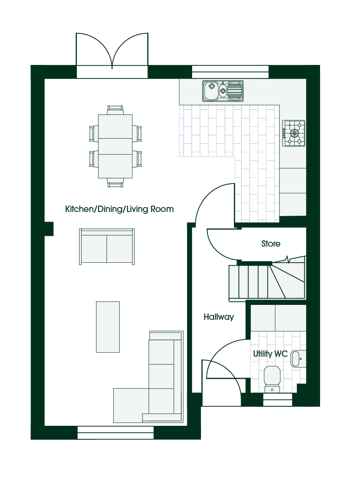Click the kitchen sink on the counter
coord(223,91)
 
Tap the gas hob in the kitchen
coord(294,133)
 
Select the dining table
coord(115,146)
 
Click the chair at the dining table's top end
coord(115,110)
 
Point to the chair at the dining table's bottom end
coord(115,182)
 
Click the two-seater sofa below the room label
coord(107,247)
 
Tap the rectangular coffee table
coord(108,327)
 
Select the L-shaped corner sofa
coord(148,377)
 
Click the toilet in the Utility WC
coord(272,379)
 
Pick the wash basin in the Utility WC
coord(298,359)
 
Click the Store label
coord(271,244)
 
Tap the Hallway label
coord(219,317)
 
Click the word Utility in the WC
coord(263,354)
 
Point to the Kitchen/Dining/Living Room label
coord(119,209)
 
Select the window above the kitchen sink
coord(230,72)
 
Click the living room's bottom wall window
coord(116,433)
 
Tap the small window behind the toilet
coord(278,400)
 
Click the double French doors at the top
coord(112,55)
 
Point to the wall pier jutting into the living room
coord(49,229)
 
